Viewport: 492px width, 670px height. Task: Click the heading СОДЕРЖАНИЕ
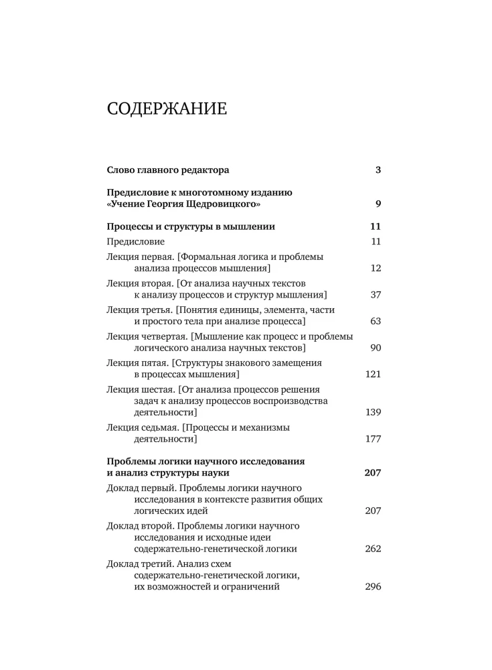(167, 108)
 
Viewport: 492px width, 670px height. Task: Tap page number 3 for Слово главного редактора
(378, 170)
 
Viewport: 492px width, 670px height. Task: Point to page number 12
(375, 269)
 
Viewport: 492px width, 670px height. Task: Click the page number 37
(375, 295)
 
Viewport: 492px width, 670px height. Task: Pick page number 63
(375, 321)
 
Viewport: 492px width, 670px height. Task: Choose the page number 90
(375, 348)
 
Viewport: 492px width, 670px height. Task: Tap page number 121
(373, 374)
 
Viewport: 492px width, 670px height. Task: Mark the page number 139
(373, 412)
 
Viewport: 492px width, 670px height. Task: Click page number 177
(373, 439)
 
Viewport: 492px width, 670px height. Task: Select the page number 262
(373, 549)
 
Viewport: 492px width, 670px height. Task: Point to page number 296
(373, 587)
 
